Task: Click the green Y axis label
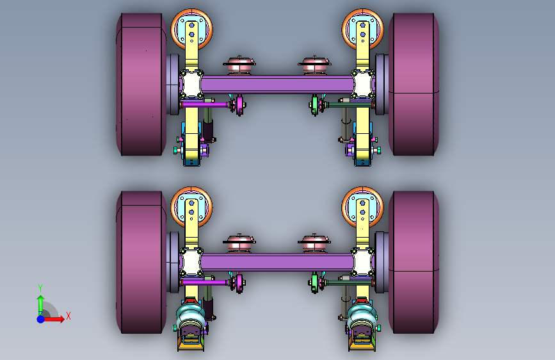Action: point(40,288)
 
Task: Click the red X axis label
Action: point(68,316)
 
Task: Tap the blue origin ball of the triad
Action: point(41,319)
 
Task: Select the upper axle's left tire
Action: point(141,85)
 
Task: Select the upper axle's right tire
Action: point(414,85)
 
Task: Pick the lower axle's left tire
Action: point(141,262)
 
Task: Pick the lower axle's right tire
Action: point(414,262)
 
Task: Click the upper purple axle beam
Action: point(278,85)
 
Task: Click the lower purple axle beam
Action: point(278,263)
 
